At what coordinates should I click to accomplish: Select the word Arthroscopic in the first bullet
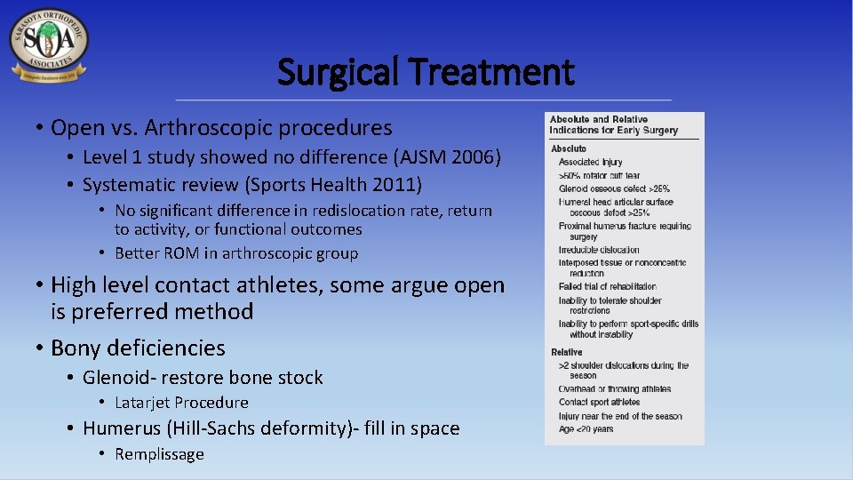click(x=204, y=128)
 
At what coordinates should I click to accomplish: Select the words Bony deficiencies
click(x=138, y=348)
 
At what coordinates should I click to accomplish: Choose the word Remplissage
click(x=159, y=454)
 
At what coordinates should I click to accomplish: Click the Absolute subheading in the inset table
click(x=569, y=148)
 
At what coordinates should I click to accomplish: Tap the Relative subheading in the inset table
click(x=567, y=352)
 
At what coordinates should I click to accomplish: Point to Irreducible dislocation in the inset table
click(x=599, y=251)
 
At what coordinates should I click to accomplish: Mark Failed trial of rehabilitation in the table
click(x=608, y=286)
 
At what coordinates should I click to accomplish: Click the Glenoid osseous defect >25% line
click(x=614, y=188)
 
